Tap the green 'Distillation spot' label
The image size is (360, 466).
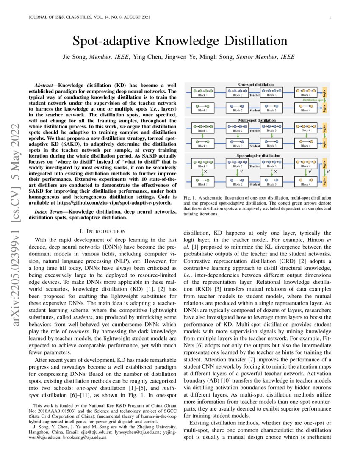pyautogui.click(x=313, y=100)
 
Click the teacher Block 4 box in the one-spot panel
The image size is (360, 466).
pyautogui.click(x=305, y=92)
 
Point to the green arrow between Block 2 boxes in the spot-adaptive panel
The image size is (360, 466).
pyautogui.click(x=235, y=172)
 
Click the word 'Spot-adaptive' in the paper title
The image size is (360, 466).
pyautogui.click(x=109, y=42)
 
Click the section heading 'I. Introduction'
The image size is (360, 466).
pyautogui.click(x=102, y=231)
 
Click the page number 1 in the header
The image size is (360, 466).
pyautogui.click(x=330, y=17)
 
